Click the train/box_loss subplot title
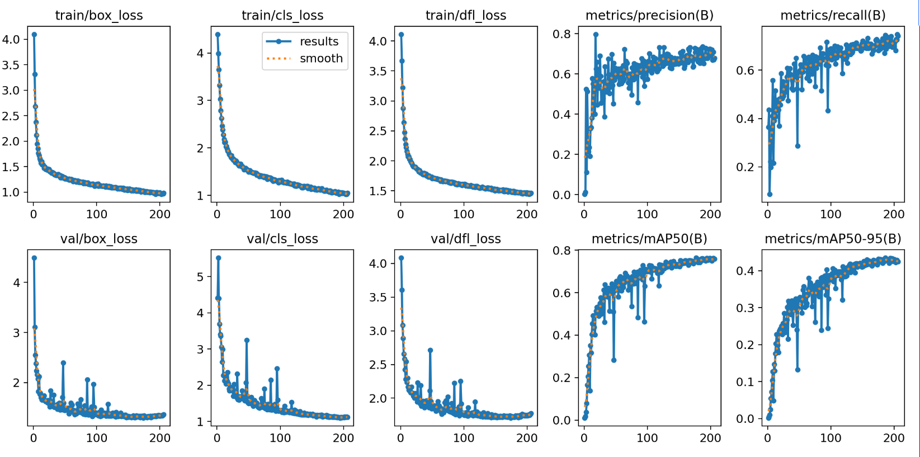(99, 16)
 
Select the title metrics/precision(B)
(649, 16)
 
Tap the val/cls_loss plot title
(282, 239)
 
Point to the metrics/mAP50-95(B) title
(833, 239)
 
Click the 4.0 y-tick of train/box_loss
(11, 39)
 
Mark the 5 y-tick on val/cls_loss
(201, 277)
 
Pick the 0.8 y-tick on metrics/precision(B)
(562, 34)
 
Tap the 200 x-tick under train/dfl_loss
(527, 214)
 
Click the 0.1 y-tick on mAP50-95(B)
(746, 382)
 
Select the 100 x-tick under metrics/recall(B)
(831, 214)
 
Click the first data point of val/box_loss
(34, 258)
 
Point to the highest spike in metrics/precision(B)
(596, 35)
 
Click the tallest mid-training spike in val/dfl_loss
(430, 350)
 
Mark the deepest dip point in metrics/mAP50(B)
(614, 360)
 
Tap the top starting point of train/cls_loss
(218, 35)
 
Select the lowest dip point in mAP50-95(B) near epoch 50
(798, 370)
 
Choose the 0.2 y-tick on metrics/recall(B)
(746, 167)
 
